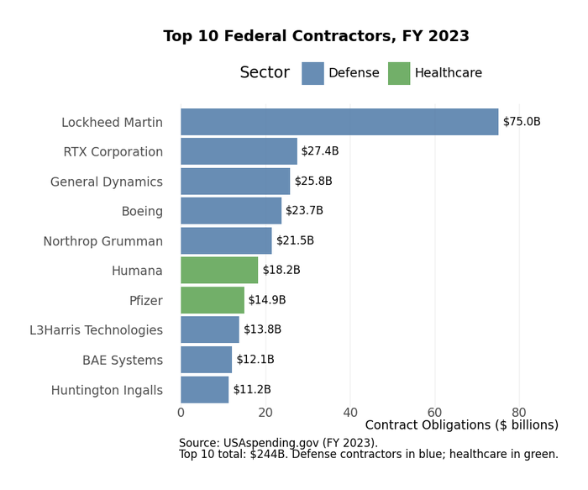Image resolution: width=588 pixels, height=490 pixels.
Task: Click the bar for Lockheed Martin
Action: (x=339, y=122)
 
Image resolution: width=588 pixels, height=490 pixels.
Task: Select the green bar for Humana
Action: (x=219, y=271)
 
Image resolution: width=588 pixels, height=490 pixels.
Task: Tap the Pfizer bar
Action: (x=213, y=300)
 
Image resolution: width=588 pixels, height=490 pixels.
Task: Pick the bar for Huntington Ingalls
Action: (x=205, y=390)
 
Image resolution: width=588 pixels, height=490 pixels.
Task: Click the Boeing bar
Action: (x=231, y=211)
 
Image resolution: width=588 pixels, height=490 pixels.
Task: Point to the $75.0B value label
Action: (x=522, y=122)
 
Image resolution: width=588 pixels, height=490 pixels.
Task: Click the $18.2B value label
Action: (x=281, y=271)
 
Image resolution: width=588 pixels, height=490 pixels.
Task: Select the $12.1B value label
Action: (x=255, y=360)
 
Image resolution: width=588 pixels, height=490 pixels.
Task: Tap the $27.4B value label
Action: (x=320, y=151)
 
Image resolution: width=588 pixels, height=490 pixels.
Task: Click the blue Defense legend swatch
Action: (x=312, y=73)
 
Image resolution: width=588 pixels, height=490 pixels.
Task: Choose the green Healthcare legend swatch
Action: (x=399, y=73)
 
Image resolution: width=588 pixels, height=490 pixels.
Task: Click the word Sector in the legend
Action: (x=265, y=73)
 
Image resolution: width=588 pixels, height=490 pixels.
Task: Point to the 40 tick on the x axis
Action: (x=350, y=413)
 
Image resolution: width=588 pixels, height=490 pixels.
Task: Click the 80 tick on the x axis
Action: (x=519, y=413)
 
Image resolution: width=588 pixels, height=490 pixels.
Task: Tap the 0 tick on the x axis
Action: (x=181, y=413)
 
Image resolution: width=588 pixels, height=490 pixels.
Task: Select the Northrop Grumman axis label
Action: (x=103, y=241)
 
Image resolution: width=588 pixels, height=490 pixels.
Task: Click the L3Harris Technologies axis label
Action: (x=97, y=330)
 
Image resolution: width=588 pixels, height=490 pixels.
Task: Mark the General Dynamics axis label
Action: (x=107, y=182)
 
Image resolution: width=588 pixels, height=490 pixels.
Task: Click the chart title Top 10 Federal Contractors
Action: (x=316, y=37)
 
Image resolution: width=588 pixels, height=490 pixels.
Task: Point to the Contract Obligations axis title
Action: (x=461, y=425)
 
